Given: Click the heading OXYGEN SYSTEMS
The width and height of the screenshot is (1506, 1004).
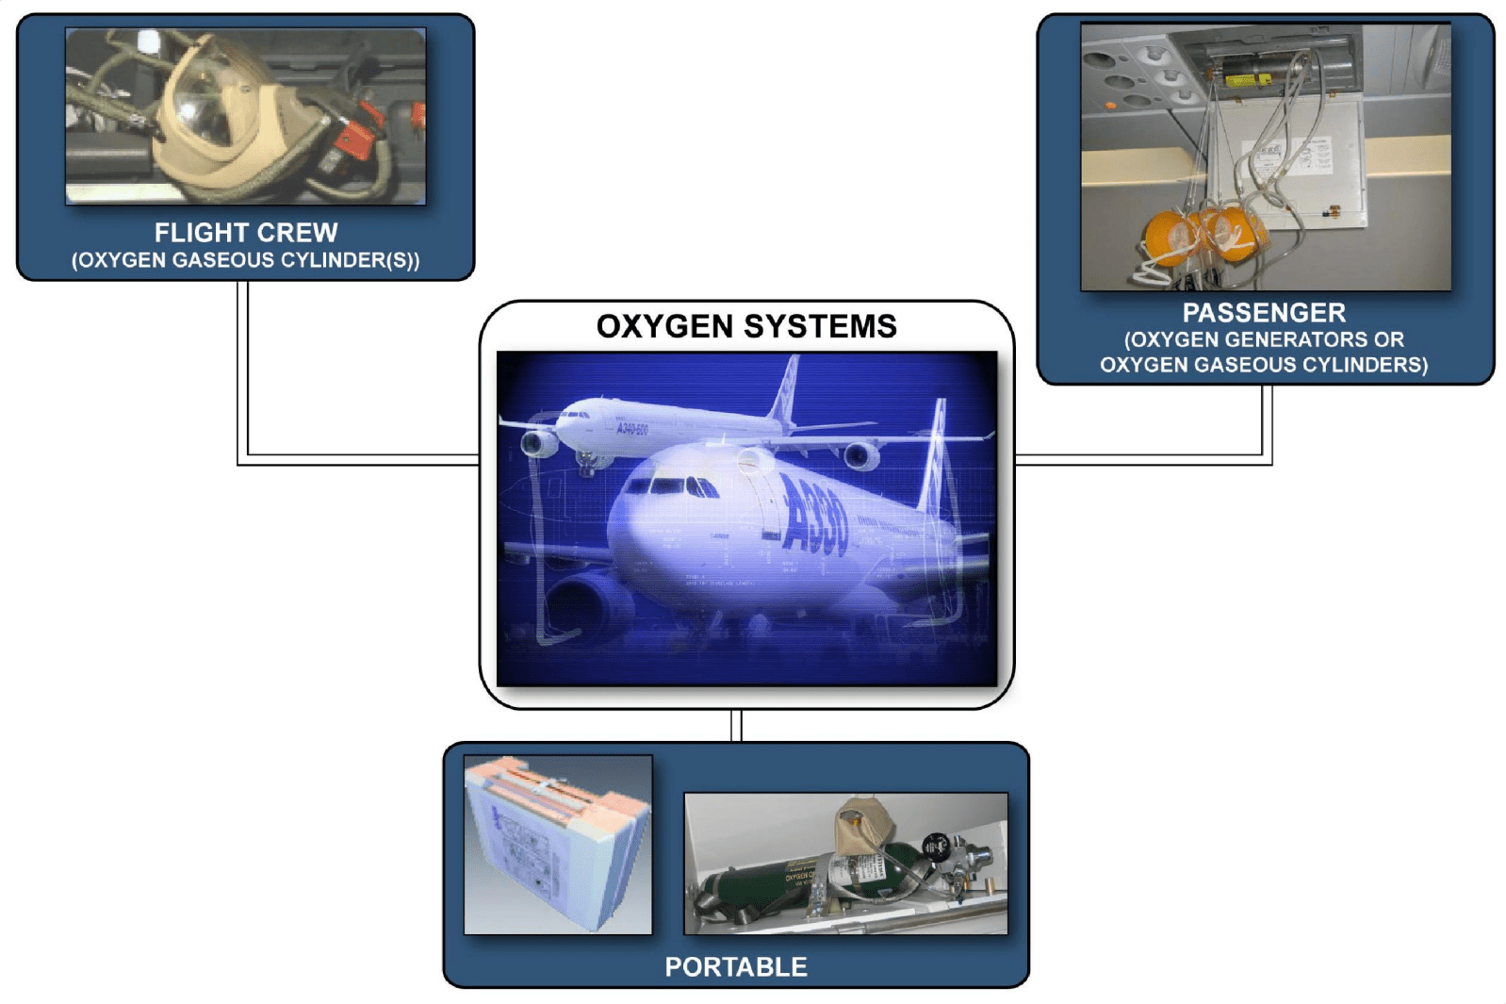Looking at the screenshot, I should [746, 326].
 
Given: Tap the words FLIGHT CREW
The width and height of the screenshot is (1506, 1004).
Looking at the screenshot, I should [246, 233].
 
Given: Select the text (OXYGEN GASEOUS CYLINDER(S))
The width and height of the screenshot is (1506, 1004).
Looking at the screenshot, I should [246, 260].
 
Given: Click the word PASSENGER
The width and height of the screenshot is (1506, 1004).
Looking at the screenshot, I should [1264, 313].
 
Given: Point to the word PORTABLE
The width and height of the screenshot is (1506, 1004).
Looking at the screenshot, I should [736, 966].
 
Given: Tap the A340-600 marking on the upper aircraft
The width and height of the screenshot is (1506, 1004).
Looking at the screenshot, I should [632, 430].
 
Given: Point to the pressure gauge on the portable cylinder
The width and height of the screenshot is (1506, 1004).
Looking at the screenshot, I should [935, 846].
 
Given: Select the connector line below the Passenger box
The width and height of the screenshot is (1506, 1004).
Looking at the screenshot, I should [1267, 424].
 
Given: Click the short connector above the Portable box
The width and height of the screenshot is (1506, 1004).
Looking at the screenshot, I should [736, 726].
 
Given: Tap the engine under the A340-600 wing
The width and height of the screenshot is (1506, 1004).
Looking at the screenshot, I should [539, 442].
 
